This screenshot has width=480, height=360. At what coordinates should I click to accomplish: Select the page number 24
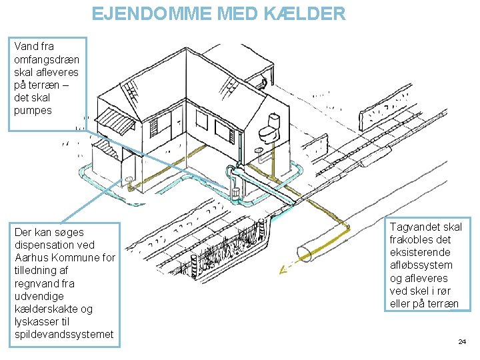462,342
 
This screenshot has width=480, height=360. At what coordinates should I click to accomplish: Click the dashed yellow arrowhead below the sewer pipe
283,271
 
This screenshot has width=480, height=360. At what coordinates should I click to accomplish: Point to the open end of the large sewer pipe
305,254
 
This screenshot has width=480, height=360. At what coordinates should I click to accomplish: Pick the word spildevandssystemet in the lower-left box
64,334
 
